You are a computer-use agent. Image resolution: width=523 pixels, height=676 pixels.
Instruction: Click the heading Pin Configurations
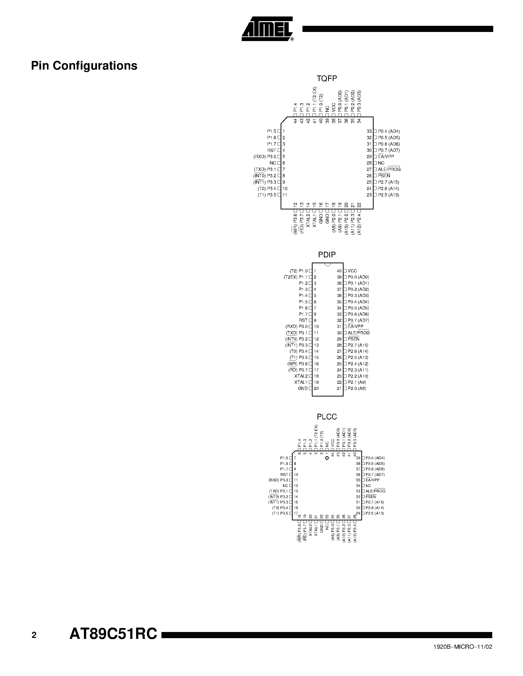84,66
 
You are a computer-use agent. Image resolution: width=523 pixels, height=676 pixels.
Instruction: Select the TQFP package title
327,79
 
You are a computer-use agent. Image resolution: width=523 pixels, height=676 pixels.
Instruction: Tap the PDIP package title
327,255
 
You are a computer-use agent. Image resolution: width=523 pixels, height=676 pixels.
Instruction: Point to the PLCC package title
327,417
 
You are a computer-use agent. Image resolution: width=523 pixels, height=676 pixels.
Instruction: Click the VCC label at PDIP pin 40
352,271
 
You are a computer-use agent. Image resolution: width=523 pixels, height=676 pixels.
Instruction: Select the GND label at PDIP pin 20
302,388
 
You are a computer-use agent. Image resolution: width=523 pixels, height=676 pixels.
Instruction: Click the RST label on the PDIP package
303,320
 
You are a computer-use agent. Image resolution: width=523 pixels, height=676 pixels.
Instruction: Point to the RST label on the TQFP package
271,150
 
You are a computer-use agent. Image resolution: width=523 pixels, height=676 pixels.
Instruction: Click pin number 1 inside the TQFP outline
284,131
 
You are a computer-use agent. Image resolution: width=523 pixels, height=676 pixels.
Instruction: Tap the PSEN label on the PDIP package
353,339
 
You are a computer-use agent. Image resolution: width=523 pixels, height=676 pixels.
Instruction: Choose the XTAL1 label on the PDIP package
301,382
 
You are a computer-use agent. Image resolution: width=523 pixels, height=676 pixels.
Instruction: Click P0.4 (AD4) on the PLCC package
375,458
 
